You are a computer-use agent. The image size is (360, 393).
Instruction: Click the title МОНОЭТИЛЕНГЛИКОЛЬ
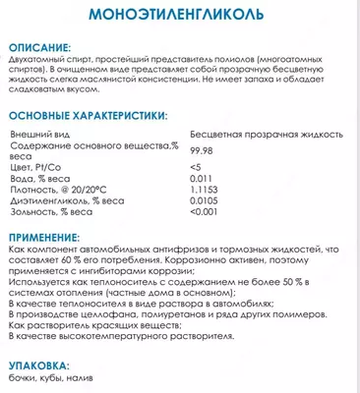click(179, 18)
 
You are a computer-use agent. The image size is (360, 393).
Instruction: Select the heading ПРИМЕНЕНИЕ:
click(49, 238)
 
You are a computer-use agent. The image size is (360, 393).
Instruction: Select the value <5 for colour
click(224, 168)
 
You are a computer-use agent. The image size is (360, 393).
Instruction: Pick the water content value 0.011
click(228, 180)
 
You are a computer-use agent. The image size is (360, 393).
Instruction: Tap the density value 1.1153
click(231, 192)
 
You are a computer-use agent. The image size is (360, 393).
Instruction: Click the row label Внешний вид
click(39, 132)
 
